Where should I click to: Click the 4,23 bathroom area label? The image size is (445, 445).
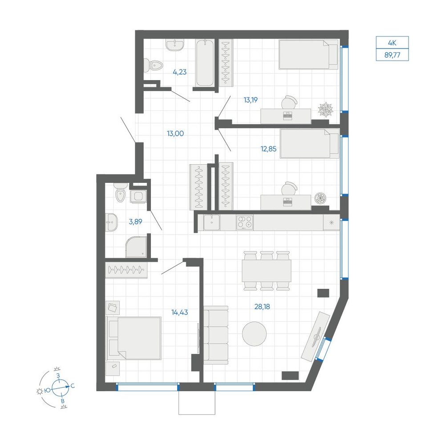pyautogui.click(x=180, y=72)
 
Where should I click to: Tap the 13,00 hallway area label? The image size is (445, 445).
pyautogui.click(x=175, y=133)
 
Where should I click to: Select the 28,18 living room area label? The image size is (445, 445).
pyautogui.click(x=262, y=307)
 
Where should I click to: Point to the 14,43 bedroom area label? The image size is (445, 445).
pyautogui.click(x=180, y=312)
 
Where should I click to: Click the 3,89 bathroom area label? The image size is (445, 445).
pyautogui.click(x=135, y=222)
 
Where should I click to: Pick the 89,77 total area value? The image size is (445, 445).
pyautogui.click(x=392, y=55)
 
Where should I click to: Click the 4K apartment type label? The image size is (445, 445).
pyautogui.click(x=392, y=43)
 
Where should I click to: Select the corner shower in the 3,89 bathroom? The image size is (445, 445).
pyautogui.click(x=136, y=247)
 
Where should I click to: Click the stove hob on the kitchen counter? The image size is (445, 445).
pyautogui.click(x=245, y=222)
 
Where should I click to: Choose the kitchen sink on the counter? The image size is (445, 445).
pyautogui.click(x=211, y=222)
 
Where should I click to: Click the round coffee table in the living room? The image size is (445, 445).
pyautogui.click(x=254, y=333)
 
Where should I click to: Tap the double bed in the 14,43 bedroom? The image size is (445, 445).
pyautogui.click(x=133, y=338)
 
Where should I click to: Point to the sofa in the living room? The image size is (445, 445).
pyautogui.click(x=216, y=335)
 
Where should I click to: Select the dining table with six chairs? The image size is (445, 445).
pyautogui.click(x=267, y=271)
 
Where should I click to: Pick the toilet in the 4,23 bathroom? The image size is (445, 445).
pyautogui.click(x=153, y=66)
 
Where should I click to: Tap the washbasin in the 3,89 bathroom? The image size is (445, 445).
pyautogui.click(x=111, y=222)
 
